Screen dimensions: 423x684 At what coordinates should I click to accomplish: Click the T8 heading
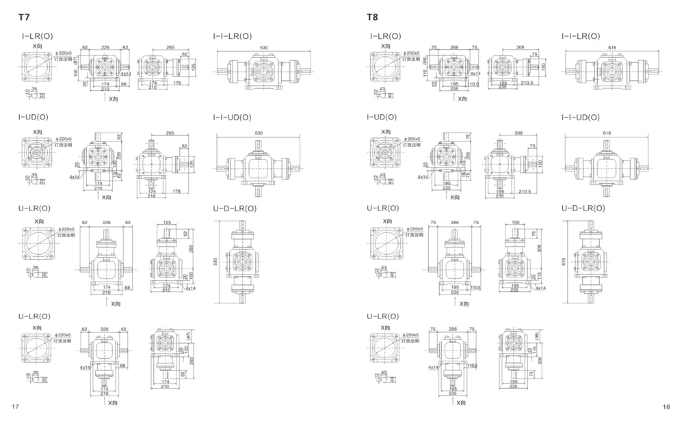coord(372,16)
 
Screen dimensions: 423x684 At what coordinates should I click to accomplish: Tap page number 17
coord(14,407)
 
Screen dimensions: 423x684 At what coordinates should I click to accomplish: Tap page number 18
coord(667,407)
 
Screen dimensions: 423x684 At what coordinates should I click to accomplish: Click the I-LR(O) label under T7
coord(37,36)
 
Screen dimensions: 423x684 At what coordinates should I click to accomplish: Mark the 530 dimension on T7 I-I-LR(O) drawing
coord(264,48)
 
